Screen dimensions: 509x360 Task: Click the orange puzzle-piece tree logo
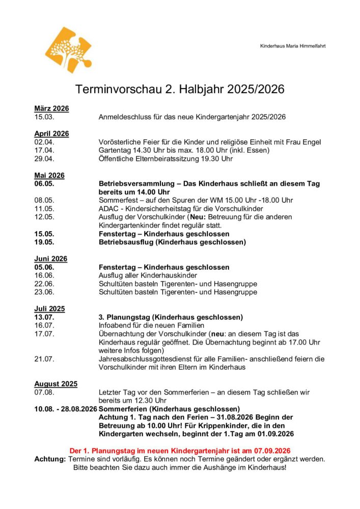pyautogui.click(x=69, y=50)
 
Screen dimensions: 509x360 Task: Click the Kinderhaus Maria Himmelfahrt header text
pyautogui.click(x=293, y=46)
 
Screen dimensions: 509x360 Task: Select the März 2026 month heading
pyautogui.click(x=51, y=108)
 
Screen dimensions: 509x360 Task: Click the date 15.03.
pyautogui.click(x=44, y=117)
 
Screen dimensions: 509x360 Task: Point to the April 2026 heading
pyautogui.click(x=51, y=133)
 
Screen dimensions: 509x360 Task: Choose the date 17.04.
pyautogui.click(x=44, y=150)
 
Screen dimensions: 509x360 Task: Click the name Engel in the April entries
pyautogui.click(x=311, y=142)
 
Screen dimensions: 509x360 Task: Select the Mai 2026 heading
pyautogui.click(x=49, y=175)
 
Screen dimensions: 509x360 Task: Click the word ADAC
pyautogui.click(x=108, y=209)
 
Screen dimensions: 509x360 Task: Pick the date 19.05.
pyautogui.click(x=44, y=242)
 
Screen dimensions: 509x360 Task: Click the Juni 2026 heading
pyautogui.click(x=50, y=259)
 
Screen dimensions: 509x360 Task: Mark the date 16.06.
pyautogui.click(x=44, y=275)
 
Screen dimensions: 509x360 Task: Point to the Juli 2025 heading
pyautogui.click(x=49, y=308)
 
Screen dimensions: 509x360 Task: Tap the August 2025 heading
pyautogui.click(x=56, y=384)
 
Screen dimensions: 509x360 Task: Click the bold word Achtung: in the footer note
pyautogui.click(x=50, y=459)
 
